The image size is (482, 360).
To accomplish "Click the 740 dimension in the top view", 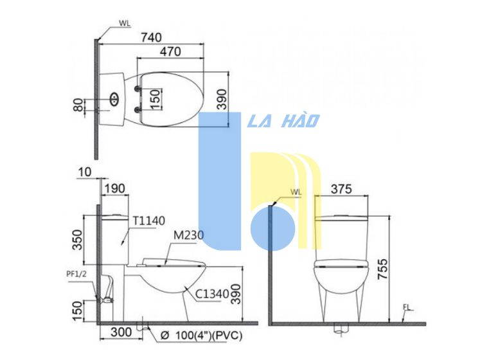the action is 151,37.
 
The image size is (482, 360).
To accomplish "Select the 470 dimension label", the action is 170,51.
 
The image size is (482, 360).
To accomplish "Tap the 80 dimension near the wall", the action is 78,105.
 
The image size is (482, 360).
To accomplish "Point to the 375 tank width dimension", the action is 341,189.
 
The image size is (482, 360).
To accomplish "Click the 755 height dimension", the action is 383,269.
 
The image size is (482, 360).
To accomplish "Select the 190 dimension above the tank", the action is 114,188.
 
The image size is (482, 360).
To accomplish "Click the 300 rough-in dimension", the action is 121,332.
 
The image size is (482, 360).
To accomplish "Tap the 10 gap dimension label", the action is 85,172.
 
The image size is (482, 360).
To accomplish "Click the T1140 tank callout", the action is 149,221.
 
